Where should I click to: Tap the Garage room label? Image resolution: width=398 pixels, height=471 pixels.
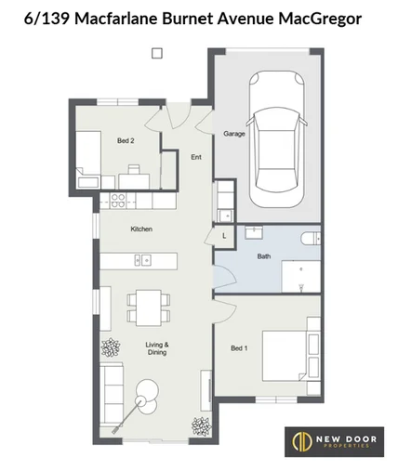[x=233, y=134]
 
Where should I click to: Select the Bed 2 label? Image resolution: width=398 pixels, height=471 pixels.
[x=126, y=140]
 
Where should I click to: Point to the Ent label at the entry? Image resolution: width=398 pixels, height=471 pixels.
[x=196, y=157]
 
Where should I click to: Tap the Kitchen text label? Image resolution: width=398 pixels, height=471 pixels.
[x=140, y=229]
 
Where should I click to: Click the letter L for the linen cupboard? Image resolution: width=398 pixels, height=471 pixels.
[x=224, y=237]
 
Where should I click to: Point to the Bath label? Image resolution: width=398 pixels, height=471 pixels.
[x=263, y=255]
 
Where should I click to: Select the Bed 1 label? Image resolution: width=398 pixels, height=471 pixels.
[x=239, y=348]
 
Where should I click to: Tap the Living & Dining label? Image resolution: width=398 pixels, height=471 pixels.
[x=156, y=348]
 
